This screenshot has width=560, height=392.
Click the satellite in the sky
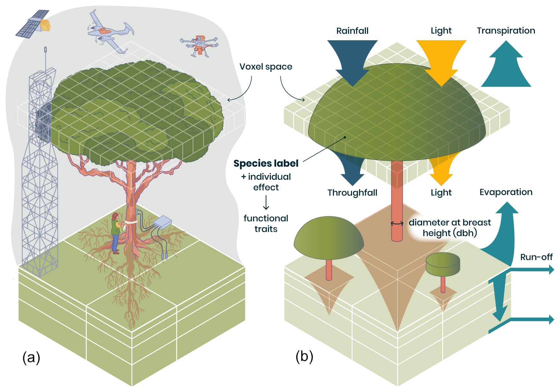33,24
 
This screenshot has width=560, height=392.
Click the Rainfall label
352,31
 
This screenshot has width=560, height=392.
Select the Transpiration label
506,31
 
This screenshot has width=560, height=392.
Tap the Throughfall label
352,193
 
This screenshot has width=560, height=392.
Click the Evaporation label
506,192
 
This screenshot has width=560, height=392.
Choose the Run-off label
536,257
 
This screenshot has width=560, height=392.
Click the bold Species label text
266,164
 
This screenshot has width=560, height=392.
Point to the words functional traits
266,224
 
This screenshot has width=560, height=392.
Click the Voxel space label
266,67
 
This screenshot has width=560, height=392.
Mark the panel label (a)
31,357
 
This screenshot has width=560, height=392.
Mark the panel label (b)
304,356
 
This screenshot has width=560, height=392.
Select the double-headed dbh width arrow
397,223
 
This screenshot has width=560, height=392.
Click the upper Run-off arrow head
551,270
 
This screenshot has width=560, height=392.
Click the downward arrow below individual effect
266,203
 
